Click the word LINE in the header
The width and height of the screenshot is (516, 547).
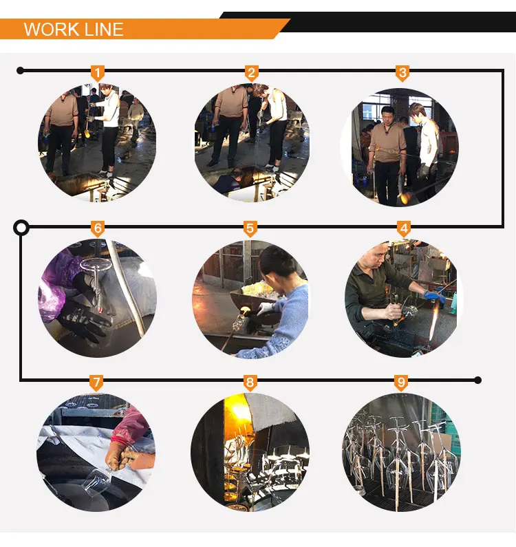105,29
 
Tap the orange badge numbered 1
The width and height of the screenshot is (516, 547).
98,73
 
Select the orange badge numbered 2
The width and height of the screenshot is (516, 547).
251,73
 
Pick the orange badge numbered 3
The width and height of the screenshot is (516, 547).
402,73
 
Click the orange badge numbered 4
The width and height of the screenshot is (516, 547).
404,229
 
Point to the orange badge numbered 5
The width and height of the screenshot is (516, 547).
250,229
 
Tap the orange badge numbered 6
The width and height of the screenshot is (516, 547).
98,229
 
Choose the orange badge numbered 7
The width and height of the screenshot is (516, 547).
96,383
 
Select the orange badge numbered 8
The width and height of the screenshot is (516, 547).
250,383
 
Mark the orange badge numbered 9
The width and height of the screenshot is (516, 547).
402,383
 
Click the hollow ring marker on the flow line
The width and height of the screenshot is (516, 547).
21,228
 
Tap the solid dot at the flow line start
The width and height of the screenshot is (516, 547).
20,71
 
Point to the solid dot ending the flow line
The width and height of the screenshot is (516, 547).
478,380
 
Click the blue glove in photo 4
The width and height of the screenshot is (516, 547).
434,296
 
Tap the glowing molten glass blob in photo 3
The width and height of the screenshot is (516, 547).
405,199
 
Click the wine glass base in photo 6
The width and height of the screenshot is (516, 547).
95,264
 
